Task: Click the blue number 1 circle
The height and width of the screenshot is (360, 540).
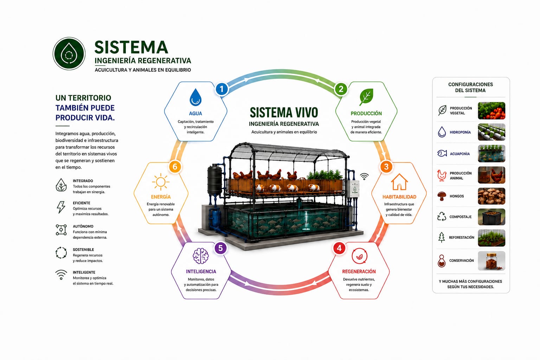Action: (221, 89)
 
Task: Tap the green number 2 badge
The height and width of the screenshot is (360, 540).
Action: (341, 89)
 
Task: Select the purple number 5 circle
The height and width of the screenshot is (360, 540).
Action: (220, 248)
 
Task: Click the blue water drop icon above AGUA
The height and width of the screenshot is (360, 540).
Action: (195, 97)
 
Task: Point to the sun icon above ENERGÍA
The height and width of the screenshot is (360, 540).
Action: (161, 182)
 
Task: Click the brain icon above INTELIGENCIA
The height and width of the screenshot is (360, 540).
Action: (201, 256)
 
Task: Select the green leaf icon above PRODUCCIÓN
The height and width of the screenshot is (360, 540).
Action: (366, 97)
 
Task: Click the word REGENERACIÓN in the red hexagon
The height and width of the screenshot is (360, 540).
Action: (359, 271)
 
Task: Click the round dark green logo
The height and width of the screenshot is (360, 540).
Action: (69, 53)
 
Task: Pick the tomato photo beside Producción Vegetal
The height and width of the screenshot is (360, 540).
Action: (491, 111)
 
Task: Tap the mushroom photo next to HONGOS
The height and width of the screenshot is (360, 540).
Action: (491, 196)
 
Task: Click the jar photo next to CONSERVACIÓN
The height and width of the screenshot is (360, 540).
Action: (491, 261)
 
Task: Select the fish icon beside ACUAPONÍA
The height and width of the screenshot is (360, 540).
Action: (442, 153)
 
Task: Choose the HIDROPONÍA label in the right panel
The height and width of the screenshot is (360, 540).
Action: (460, 132)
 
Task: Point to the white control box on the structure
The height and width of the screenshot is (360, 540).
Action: (353, 188)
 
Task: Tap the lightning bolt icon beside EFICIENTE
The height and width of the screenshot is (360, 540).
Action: (61, 207)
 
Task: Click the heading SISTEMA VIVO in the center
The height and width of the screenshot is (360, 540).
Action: (284, 112)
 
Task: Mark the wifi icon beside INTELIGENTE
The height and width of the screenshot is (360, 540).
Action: (61, 275)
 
